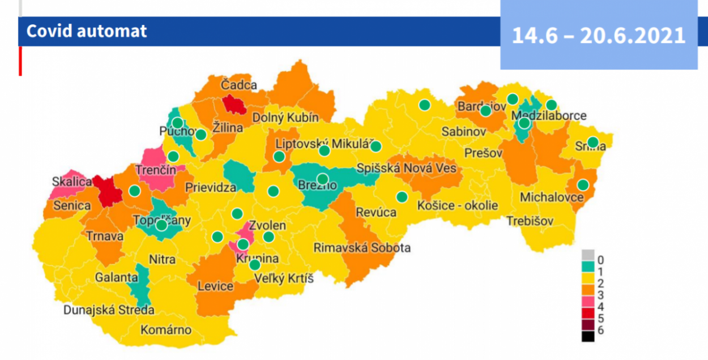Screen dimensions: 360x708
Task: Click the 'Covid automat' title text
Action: click(87, 31)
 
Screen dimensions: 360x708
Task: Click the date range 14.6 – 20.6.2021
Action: click(599, 35)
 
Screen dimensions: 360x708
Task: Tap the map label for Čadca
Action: click(239, 85)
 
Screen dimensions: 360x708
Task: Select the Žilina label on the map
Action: click(228, 127)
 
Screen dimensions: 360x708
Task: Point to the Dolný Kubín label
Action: click(285, 118)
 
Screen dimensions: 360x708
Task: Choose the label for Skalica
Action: click(72, 182)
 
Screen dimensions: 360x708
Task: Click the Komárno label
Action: click(166, 329)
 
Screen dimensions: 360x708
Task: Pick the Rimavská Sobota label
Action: click(362, 248)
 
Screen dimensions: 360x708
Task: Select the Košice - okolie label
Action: click(458, 205)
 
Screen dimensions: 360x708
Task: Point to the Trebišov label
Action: click(530, 221)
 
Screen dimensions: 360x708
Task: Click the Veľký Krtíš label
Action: click(284, 278)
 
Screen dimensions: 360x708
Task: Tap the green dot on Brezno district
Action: click(322, 179)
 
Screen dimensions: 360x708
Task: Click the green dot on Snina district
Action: click(592, 142)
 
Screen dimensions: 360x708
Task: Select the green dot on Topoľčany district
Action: click(161, 225)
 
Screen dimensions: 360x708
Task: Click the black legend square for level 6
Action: click(588, 337)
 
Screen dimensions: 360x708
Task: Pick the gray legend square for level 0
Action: click(588, 255)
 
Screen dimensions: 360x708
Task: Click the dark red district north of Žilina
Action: click(233, 104)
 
